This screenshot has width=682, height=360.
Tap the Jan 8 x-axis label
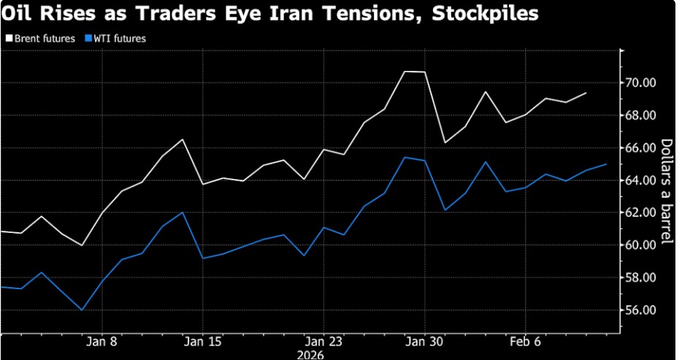tap(101, 341)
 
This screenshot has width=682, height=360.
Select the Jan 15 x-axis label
tap(202, 341)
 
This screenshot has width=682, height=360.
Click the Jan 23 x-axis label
tap(323, 341)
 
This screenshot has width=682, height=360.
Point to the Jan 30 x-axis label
tap(424, 341)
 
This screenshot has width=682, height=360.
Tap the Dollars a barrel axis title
tap(667, 192)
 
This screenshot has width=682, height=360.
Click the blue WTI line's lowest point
tap(81, 310)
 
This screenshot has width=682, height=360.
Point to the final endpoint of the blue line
tap(606, 164)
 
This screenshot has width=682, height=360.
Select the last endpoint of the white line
tap(586, 93)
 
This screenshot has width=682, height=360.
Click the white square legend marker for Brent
tap(8, 39)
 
